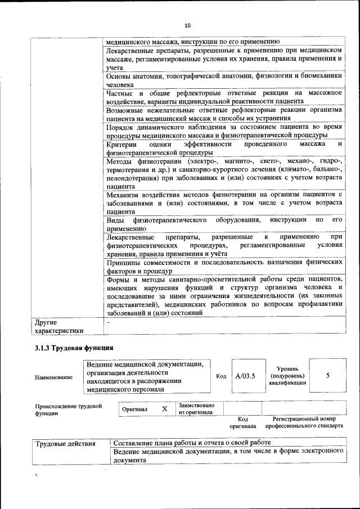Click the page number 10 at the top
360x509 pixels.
pyautogui.click(x=188, y=25)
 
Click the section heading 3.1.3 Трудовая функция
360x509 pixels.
pyautogui.click(x=74, y=348)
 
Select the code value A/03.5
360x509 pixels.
pyautogui.click(x=245, y=376)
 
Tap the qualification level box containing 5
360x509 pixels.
pyautogui.click(x=327, y=376)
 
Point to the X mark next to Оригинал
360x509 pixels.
pyautogui.click(x=164, y=409)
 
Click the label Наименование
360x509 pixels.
pyautogui.click(x=53, y=377)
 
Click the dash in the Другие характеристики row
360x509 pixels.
pyautogui.click(x=109, y=323)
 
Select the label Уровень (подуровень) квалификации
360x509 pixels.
pyautogui.click(x=287, y=376)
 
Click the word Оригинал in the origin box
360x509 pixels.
pyautogui.click(x=135, y=409)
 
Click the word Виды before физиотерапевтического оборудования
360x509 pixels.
pyautogui.click(x=115, y=219)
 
